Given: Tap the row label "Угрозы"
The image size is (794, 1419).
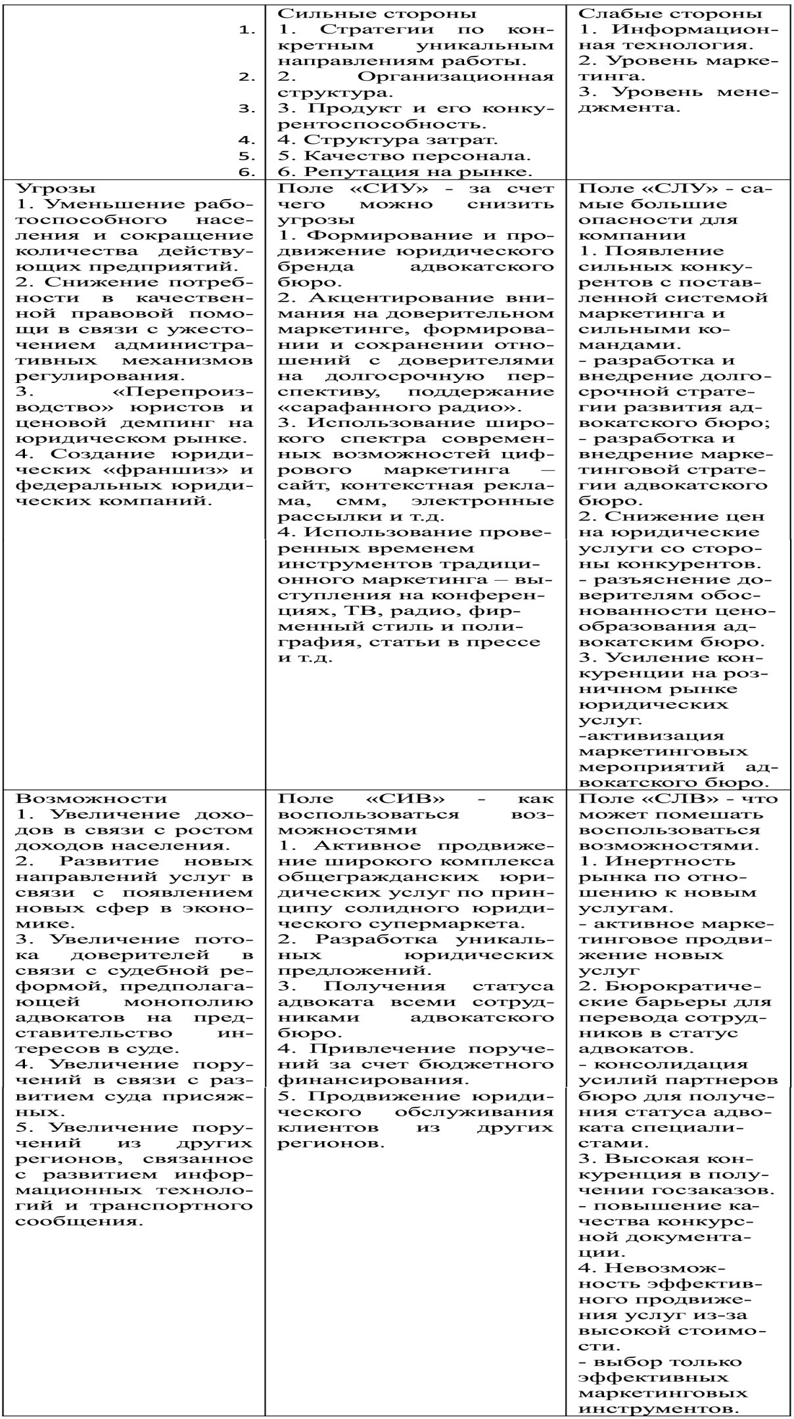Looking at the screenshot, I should [x=42, y=187].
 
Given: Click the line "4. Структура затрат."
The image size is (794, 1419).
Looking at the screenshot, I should [x=388, y=139].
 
